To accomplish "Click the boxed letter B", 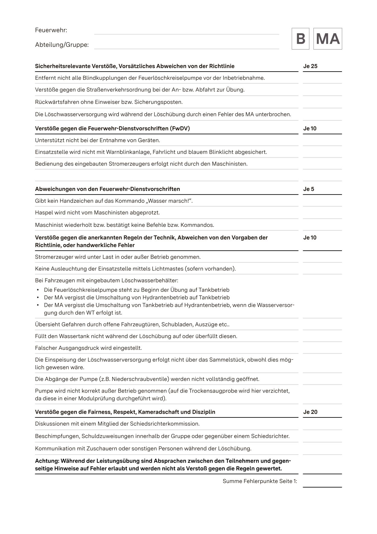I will (x=300, y=39).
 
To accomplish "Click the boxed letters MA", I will (x=328, y=39).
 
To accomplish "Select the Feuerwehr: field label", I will (x=51, y=30).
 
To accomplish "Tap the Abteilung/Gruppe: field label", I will (x=62, y=45).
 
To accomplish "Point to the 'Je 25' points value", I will (x=310, y=66).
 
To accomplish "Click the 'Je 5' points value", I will (x=309, y=189).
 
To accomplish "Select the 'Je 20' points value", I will (x=310, y=412).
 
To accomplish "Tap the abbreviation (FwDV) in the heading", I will (x=180, y=128).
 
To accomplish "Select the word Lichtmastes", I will (x=168, y=269).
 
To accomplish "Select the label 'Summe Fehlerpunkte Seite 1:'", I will (x=260, y=481).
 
